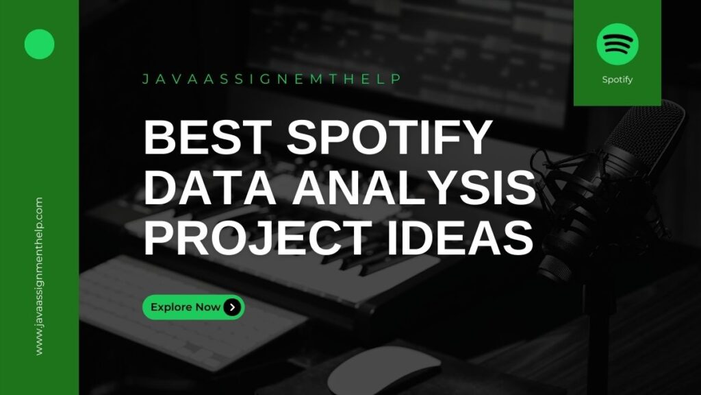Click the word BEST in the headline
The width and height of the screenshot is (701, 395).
pyautogui.click(x=207, y=136)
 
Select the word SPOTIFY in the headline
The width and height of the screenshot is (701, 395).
pyautogui.click(x=390, y=136)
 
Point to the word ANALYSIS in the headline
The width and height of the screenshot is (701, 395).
pyautogui.click(x=414, y=187)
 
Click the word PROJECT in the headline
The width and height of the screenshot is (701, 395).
pyautogui.click(x=257, y=238)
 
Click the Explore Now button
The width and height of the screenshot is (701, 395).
pyautogui.click(x=194, y=307)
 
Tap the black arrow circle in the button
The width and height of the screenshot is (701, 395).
pyautogui.click(x=232, y=307)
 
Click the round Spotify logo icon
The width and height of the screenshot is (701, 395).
pyautogui.click(x=617, y=45)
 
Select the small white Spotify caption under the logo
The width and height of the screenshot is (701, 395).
pyautogui.click(x=617, y=80)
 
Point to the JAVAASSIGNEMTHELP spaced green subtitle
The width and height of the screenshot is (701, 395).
pyautogui.click(x=272, y=79)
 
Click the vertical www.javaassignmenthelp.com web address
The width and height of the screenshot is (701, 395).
pyautogui.click(x=39, y=276)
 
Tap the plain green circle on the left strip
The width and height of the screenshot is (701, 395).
pyautogui.click(x=39, y=45)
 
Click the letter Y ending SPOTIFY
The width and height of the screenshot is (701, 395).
pyautogui.click(x=476, y=136)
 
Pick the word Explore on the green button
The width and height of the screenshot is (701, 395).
pyautogui.click(x=172, y=307)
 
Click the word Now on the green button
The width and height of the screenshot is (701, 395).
pyautogui.click(x=208, y=307)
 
